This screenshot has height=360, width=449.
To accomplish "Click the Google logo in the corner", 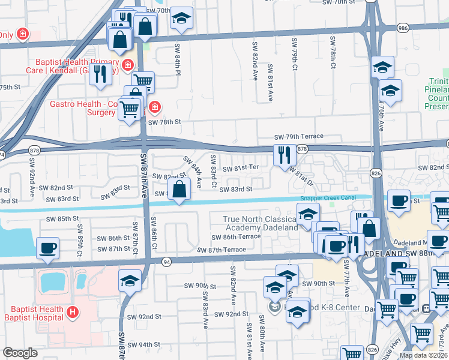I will click(x=20, y=353).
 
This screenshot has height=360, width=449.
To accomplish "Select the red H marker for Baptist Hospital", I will click(x=73, y=312).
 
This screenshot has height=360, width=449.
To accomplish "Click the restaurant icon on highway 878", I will click(x=283, y=155).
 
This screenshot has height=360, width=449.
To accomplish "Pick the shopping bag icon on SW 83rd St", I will click(x=180, y=190).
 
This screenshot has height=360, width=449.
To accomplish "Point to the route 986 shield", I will click(x=402, y=28).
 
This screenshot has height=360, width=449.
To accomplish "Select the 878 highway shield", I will click(x=302, y=149).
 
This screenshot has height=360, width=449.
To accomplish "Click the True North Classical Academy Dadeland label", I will click(x=261, y=224).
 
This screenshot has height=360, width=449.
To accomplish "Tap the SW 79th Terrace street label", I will click(x=298, y=137).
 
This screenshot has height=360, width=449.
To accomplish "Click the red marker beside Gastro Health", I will click(x=155, y=107).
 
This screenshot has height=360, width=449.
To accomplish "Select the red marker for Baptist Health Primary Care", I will click(x=127, y=65).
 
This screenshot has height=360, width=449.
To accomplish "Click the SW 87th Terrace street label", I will click(x=221, y=250).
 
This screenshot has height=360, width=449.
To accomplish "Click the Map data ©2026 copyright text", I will click(x=424, y=355).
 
